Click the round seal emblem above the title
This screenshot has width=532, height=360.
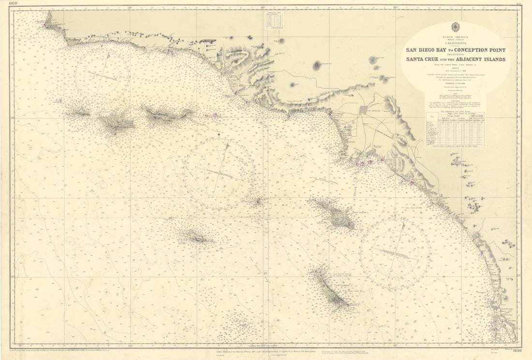point(456,27)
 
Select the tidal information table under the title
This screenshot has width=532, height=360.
point(454,128)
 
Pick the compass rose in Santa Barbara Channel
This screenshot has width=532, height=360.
point(102,73)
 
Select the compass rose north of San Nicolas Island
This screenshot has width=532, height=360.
point(220,173)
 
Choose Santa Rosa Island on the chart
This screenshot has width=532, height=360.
point(116,122)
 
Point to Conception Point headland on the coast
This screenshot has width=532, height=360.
point(47,21)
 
